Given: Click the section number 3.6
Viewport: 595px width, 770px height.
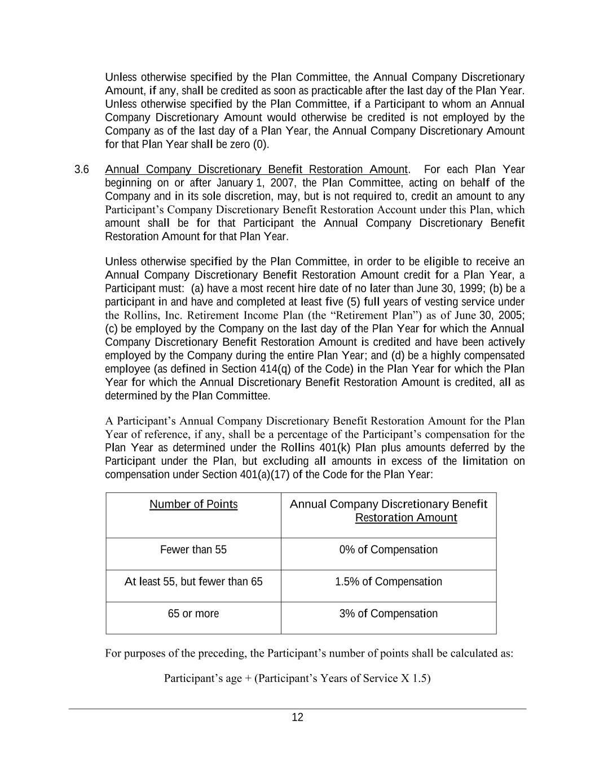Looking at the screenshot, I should pyautogui.click(x=82, y=169).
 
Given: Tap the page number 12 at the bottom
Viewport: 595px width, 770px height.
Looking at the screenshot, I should pyautogui.click(x=297, y=718).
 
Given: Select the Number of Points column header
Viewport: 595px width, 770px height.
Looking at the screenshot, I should pyautogui.click(x=193, y=504).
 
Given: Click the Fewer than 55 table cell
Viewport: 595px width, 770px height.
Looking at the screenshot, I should pyautogui.click(x=193, y=550).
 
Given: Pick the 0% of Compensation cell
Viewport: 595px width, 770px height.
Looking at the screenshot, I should pyautogui.click(x=389, y=550).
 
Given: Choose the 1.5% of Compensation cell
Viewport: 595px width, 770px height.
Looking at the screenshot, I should pyautogui.click(x=389, y=582).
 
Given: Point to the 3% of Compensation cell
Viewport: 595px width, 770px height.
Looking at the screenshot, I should pyautogui.click(x=389, y=614).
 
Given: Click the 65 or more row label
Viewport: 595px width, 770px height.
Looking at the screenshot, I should pyautogui.click(x=193, y=614).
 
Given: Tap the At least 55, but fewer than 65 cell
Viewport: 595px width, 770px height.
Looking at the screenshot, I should pyautogui.click(x=193, y=582).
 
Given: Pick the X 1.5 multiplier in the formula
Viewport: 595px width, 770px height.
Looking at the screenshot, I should pyautogui.click(x=416, y=678).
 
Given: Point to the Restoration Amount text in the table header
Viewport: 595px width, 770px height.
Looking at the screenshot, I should pyautogui.click(x=406, y=518).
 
